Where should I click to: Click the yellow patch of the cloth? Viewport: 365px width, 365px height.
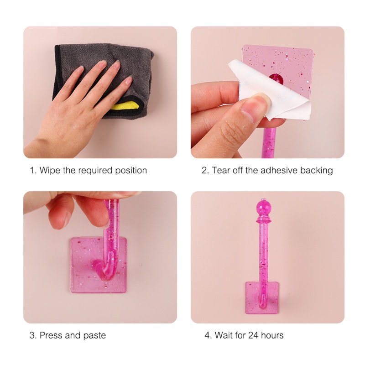[x=126, y=105]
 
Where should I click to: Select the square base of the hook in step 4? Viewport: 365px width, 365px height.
[x=263, y=297]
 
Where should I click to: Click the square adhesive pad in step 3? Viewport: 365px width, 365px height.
[x=99, y=265]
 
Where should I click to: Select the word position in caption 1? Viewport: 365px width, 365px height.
[x=131, y=171]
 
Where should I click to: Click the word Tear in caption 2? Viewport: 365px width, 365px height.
[x=221, y=170]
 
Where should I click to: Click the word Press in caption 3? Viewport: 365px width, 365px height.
[x=51, y=335]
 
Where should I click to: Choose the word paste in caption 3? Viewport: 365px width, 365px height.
[x=94, y=336]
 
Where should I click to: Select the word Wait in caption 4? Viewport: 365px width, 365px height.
[x=224, y=335]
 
